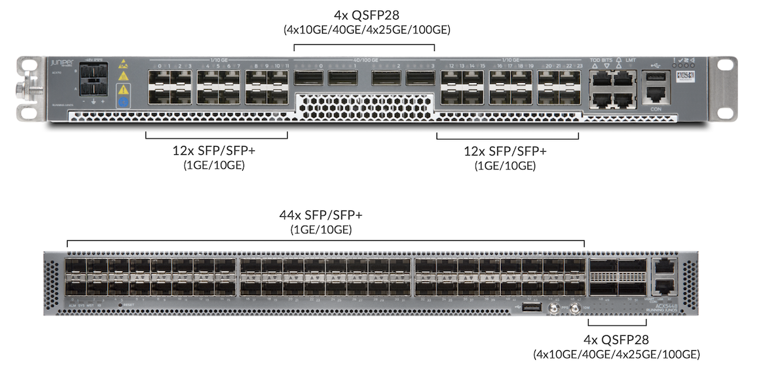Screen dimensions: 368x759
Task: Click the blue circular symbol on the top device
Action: click(123, 101)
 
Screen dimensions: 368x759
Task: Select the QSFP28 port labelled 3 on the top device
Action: click(419, 78)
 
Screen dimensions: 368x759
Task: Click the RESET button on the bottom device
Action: click(120, 305)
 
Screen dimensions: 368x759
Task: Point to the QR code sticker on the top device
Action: click(683, 75)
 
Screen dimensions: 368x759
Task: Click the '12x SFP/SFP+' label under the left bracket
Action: click(216, 152)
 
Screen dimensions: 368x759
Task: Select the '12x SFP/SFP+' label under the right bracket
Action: click(506, 152)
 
